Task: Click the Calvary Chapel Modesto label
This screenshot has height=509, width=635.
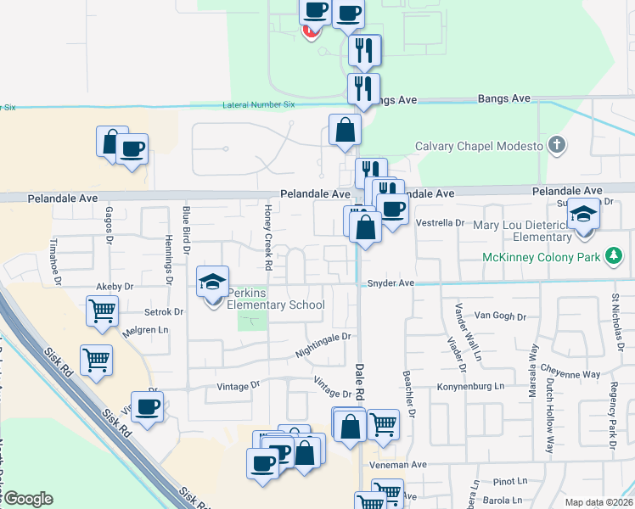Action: coord(479,146)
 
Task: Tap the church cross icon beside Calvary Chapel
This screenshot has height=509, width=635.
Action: coord(556,145)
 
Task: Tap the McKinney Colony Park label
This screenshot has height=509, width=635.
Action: coord(541,257)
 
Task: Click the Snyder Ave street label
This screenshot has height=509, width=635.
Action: coord(391,283)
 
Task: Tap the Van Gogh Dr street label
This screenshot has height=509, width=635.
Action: coord(494,315)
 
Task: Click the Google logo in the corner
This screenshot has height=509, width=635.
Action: coord(28,499)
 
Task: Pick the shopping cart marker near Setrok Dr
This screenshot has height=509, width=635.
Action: coord(101,311)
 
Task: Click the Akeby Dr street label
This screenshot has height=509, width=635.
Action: coord(117,287)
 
